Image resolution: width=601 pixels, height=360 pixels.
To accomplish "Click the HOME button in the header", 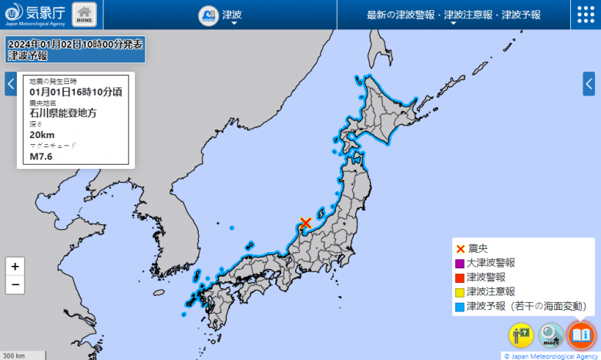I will (84, 15).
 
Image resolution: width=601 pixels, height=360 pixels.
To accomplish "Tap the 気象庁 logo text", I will (45, 12).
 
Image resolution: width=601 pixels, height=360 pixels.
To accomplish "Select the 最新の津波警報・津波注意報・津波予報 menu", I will (453, 15).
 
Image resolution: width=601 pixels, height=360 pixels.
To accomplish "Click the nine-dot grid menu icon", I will (585, 15).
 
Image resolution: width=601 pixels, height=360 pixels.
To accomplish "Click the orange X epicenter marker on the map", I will (306, 223).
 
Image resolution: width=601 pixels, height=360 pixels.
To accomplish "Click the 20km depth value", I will (42, 134).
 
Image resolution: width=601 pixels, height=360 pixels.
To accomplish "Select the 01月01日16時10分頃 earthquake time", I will (75, 92).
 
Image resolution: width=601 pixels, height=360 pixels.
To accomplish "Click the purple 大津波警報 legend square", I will (460, 263).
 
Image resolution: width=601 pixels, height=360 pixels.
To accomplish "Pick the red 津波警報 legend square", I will (460, 278).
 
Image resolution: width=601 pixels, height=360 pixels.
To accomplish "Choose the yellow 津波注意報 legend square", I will (460, 292).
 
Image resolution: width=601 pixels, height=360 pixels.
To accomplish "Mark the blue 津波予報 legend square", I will (460, 307).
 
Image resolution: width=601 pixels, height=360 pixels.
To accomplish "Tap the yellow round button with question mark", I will (520, 335).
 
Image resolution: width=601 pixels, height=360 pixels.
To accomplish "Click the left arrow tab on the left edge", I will (11, 83).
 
